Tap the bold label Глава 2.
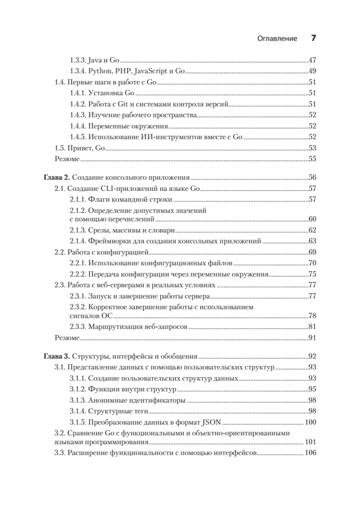click(x=56, y=177)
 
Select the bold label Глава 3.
click(x=56, y=356)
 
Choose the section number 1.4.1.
click(x=78, y=93)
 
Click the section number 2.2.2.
click(x=78, y=274)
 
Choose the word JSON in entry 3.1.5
click(x=207, y=422)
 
